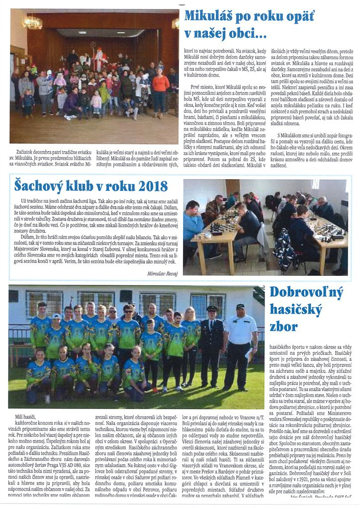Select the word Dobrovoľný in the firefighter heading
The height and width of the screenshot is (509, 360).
(x=306, y=293)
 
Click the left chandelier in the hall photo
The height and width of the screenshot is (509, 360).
(x=32, y=22)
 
